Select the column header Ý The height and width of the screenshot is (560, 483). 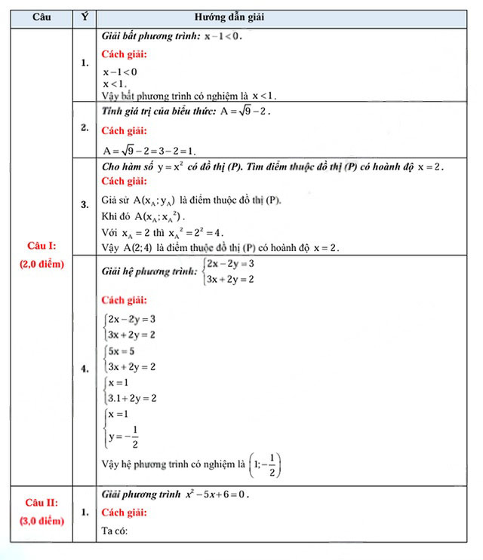(x=85, y=16)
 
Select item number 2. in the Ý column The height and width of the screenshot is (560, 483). (x=85, y=128)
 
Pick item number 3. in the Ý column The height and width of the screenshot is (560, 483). (x=85, y=204)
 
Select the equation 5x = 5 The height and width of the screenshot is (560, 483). (x=122, y=351)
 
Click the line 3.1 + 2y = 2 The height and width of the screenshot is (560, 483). (x=133, y=397)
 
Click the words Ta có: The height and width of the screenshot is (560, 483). (x=115, y=532)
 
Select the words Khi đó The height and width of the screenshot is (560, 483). (x=115, y=216)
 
